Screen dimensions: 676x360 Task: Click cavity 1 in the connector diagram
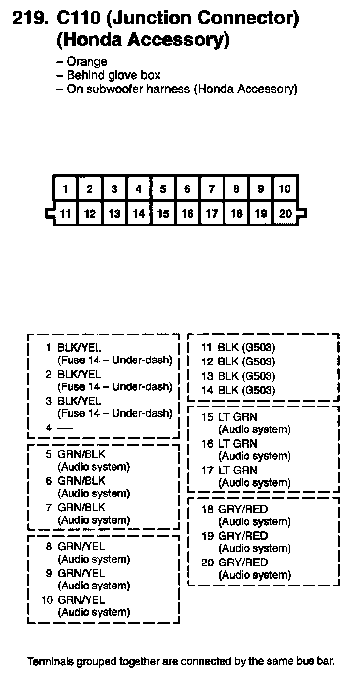coord(66,189)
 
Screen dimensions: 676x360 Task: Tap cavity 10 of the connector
coord(285,189)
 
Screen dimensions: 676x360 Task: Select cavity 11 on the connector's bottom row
coord(66,214)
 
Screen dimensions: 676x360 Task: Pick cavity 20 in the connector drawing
coord(285,214)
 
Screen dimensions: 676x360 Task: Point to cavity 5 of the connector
coord(163,189)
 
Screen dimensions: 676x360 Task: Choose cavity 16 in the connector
coord(187,214)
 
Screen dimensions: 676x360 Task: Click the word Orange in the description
coord(87,62)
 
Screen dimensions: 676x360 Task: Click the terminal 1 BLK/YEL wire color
coord(79,348)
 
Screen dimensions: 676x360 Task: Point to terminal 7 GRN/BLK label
coord(81,507)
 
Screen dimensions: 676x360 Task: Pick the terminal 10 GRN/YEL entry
coord(81,600)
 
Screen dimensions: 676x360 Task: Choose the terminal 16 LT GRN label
coord(237,444)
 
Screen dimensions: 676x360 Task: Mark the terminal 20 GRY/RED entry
coord(243,563)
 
